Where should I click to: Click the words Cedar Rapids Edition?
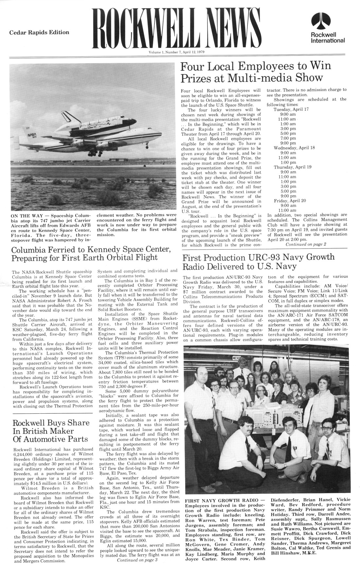[x=39, y=32]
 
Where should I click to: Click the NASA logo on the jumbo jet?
[x=32, y=135]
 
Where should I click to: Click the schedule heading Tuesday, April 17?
[x=291, y=109]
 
